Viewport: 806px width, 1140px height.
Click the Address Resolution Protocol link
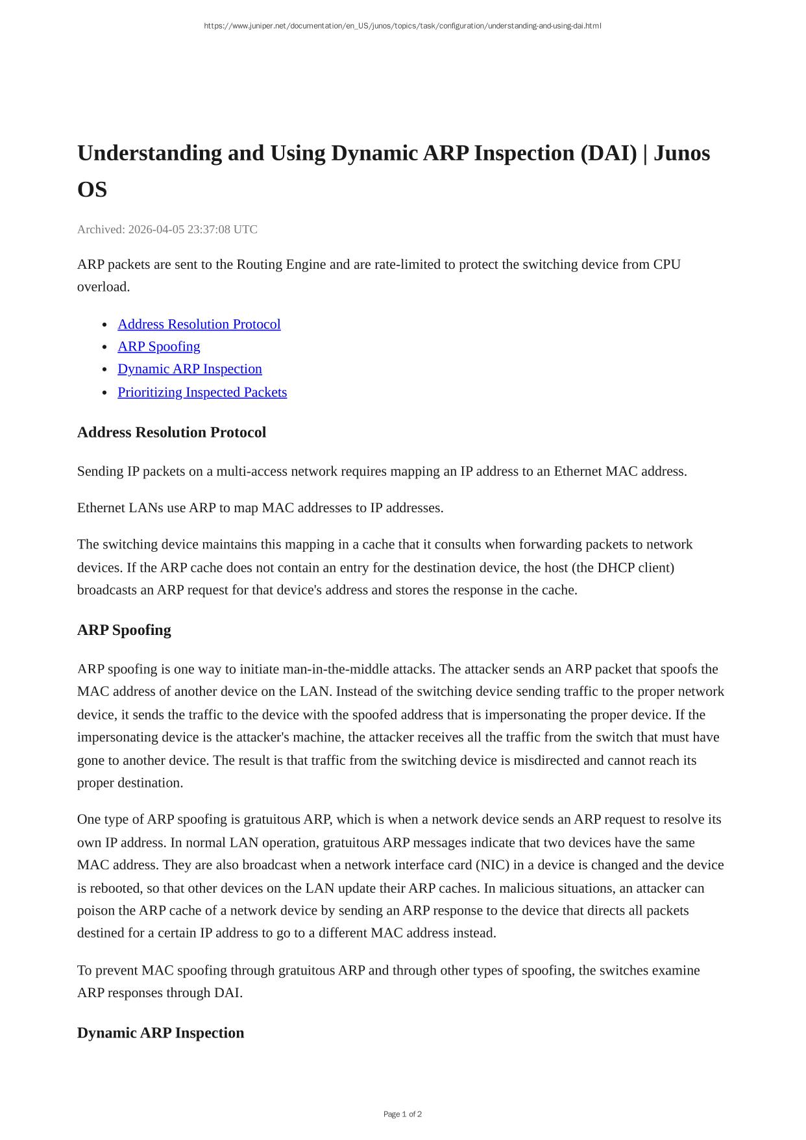coord(199,324)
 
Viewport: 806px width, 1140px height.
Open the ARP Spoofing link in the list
coord(158,346)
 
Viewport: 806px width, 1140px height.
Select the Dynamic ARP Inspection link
coord(189,369)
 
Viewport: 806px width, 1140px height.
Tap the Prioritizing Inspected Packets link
coord(202,392)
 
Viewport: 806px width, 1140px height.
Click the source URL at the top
coord(402,26)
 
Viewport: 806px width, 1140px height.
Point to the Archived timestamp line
coord(167,229)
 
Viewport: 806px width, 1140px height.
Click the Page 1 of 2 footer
coord(402,1114)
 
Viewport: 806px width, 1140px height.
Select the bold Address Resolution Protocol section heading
coord(171,432)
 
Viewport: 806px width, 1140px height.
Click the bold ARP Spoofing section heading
coord(124,630)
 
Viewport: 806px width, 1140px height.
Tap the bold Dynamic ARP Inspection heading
coord(160,1033)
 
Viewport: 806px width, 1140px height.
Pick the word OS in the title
coord(92,190)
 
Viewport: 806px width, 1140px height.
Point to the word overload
coord(103,287)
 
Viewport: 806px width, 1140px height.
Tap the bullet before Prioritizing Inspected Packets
coord(105,393)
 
